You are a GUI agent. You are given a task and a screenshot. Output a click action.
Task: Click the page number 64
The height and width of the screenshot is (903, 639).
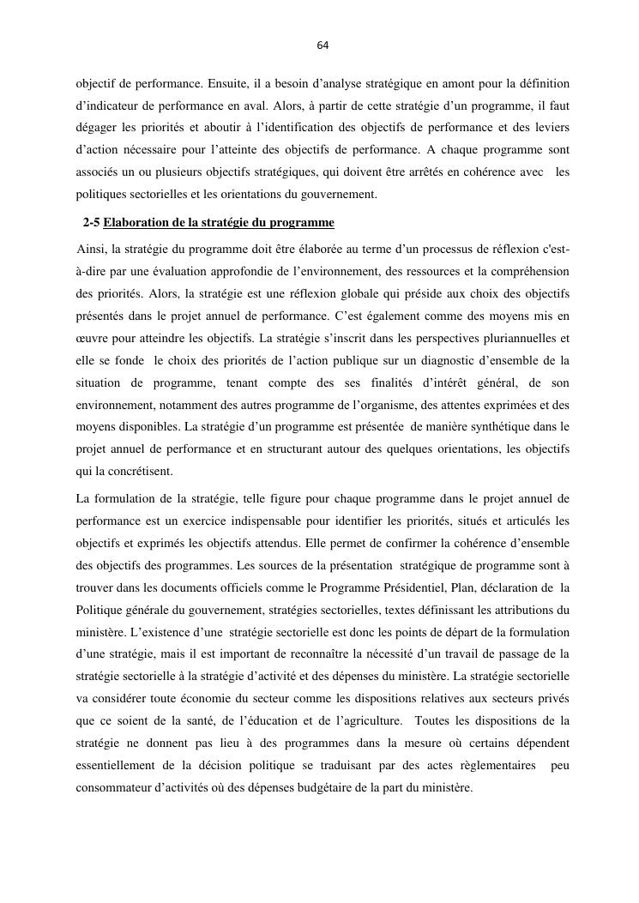point(323,45)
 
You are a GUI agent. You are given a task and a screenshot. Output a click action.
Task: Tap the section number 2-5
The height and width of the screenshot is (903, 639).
point(91,223)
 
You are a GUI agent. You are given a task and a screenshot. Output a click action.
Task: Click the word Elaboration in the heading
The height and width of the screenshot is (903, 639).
point(135,223)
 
